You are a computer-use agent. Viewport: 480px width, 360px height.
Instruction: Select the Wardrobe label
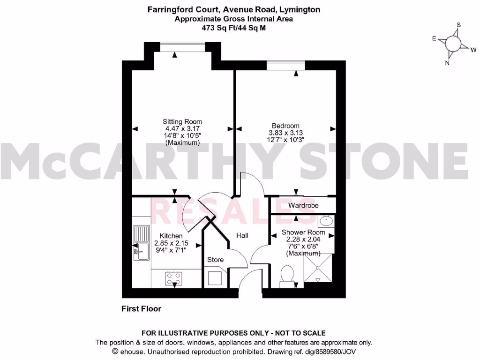tap(303, 206)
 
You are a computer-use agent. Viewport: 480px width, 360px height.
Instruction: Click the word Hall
tap(242, 236)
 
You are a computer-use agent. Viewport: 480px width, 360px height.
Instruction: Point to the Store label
tap(216, 260)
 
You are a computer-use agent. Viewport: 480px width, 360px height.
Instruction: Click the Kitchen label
tap(171, 236)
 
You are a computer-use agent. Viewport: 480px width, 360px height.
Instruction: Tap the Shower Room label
tap(303, 232)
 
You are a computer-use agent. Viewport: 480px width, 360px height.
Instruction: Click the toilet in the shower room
tap(285, 275)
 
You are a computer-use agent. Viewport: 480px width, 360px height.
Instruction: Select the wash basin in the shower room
tap(327, 220)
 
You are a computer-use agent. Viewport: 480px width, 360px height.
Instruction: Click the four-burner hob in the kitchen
tap(173, 278)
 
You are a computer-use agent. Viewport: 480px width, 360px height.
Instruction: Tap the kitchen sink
tap(140, 243)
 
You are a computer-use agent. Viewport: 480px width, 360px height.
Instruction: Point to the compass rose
tap(453, 44)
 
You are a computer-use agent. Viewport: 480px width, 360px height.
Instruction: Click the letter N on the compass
tap(447, 63)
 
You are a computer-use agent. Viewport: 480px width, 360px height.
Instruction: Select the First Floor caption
tap(141, 309)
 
